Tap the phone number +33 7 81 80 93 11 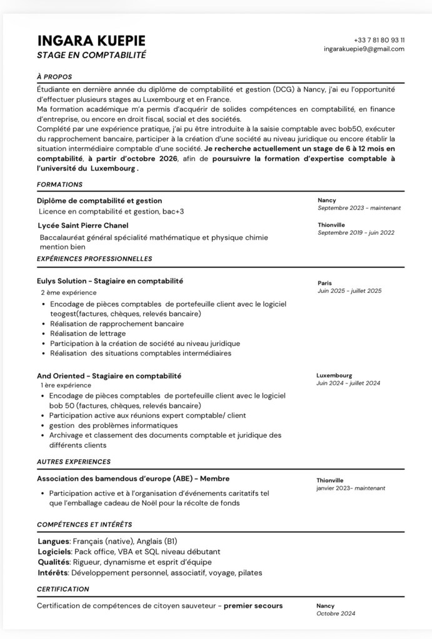[x=379, y=39]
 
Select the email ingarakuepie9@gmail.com [x=364, y=49]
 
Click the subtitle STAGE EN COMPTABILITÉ [x=91, y=55]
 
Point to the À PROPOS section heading [x=54, y=77]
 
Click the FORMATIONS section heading [x=59, y=185]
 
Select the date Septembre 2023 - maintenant [x=359, y=208]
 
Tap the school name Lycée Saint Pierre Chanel [x=83, y=225]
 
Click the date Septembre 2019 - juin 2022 [x=356, y=232]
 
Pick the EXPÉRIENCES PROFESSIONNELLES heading [x=94, y=259]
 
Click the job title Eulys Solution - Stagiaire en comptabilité [x=110, y=281]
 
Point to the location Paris [x=324, y=283]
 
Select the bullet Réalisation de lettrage [x=88, y=334]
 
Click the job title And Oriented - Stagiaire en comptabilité [x=109, y=376]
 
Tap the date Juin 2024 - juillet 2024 [x=348, y=384]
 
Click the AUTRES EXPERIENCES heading [x=74, y=462]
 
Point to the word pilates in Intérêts [x=249, y=573]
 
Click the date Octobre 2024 [x=336, y=614]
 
